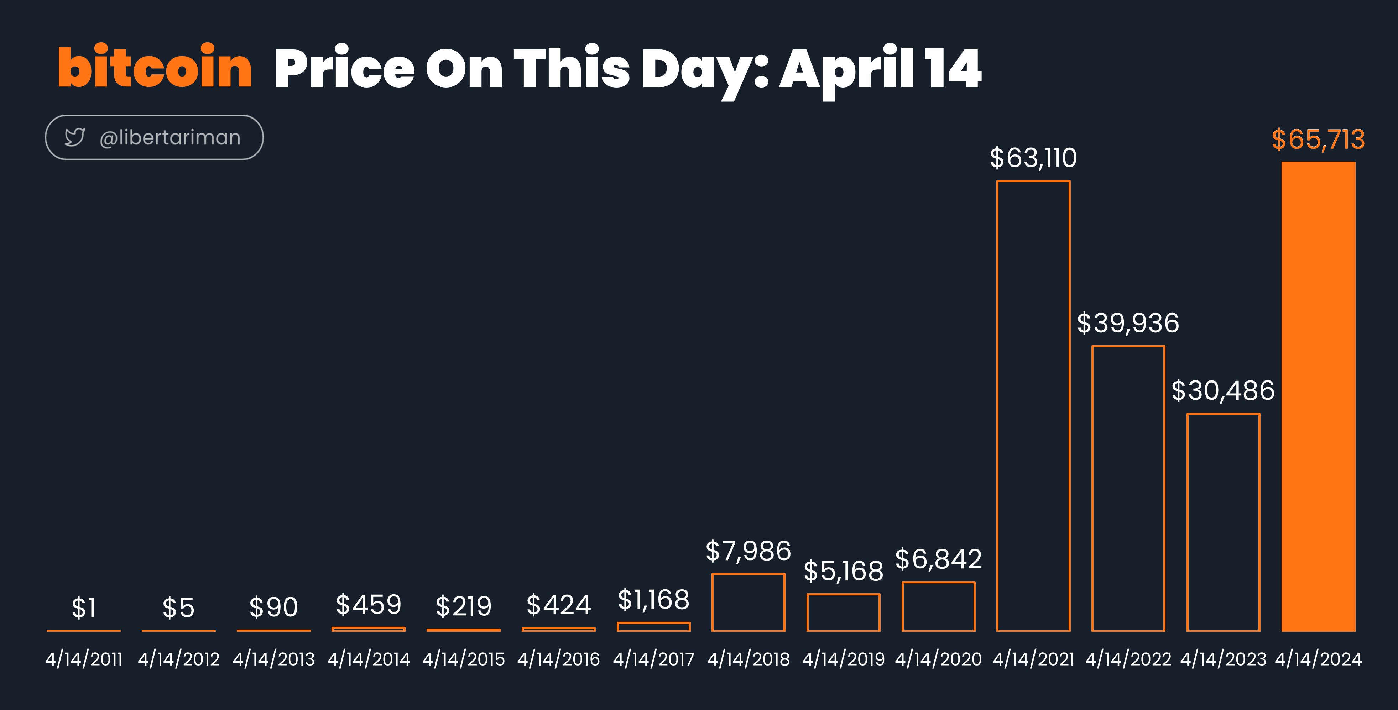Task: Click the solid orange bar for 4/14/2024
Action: [1318, 396]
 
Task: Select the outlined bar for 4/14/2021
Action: [997, 406]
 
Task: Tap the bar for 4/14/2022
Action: [1092, 488]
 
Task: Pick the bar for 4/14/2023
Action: [1188, 522]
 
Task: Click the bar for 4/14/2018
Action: [713, 602]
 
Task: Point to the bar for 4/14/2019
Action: [808, 612]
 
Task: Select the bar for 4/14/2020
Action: [903, 606]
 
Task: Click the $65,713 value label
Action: [1318, 140]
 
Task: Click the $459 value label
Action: [369, 605]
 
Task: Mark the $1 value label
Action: [84, 608]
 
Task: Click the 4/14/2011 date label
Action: [84, 659]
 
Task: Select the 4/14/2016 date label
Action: [558, 659]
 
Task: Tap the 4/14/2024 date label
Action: [1318, 659]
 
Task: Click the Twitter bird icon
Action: [74, 137]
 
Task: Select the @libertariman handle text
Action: [170, 138]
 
